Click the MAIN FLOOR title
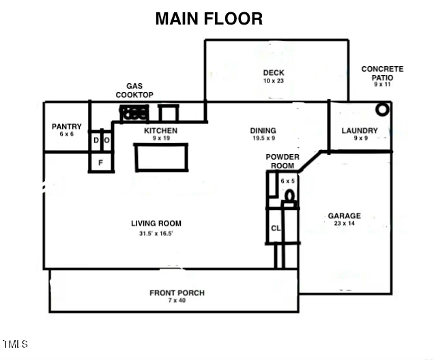point(209,18)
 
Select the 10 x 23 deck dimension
point(273,81)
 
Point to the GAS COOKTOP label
point(134,91)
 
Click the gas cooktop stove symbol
point(134,113)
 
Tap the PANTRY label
point(67,126)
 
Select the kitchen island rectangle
point(161,157)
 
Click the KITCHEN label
point(160,130)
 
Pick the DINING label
point(263,130)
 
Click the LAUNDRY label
point(360,130)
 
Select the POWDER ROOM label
point(283,161)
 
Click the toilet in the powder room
point(289,197)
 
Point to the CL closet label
point(276,229)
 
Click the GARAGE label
point(344,215)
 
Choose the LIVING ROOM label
point(156,223)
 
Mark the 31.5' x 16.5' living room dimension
point(156,234)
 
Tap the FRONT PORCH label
point(177,293)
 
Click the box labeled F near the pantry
point(100,162)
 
